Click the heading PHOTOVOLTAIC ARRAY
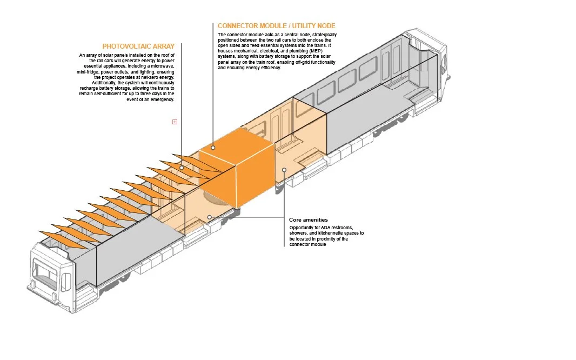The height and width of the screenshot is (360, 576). point(138,46)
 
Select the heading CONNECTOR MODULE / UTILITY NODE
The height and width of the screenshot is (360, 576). point(276,26)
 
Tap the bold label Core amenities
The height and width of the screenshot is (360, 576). point(308,220)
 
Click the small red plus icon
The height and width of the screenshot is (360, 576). point(175,122)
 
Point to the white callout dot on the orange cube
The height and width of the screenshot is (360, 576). point(213,147)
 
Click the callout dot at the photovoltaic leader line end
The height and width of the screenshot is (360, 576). point(182,168)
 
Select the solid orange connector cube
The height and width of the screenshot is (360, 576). point(238,173)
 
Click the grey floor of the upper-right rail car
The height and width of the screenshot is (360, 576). point(367,116)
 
